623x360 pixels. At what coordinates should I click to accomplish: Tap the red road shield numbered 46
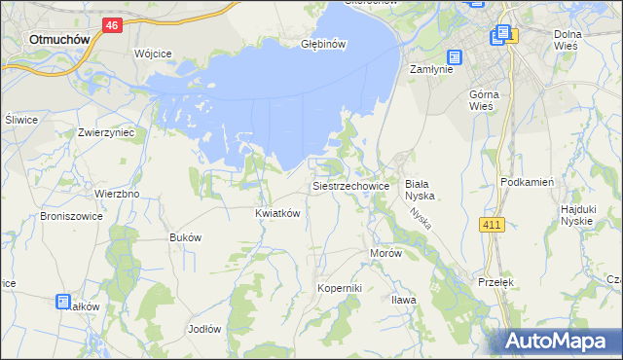[x=113, y=25]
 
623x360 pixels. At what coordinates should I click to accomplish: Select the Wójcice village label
[x=153, y=53]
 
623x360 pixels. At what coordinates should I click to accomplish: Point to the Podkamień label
[x=527, y=182]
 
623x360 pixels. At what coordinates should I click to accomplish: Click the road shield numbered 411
[x=493, y=226]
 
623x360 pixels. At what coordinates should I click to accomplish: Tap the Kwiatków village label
[x=276, y=212]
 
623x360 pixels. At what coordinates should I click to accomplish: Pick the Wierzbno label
[x=117, y=194]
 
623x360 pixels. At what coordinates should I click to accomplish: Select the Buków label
[x=185, y=237]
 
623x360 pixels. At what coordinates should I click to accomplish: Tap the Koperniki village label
[x=340, y=288]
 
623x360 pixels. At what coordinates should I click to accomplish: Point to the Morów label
[x=385, y=252]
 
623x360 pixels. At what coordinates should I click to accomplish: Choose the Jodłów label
[x=204, y=329]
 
